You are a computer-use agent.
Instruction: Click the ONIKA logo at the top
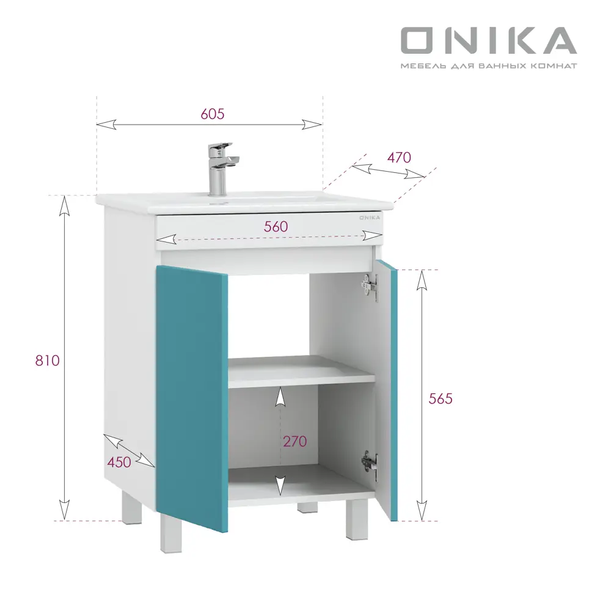[488, 40]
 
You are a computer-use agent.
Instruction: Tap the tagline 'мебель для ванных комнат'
[488, 65]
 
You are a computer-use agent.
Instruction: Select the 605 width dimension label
[213, 114]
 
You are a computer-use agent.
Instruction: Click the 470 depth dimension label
[399, 157]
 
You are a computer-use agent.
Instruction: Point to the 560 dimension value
[276, 225]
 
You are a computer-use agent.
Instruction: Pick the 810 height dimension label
[47, 360]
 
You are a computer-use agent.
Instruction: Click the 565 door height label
[440, 399]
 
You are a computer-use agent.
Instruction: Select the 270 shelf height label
[295, 441]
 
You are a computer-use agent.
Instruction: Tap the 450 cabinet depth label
[119, 462]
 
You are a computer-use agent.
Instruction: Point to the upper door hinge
[368, 287]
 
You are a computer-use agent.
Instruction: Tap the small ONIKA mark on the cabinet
[368, 217]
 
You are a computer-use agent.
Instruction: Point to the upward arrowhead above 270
[280, 397]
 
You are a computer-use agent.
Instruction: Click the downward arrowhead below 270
[280, 485]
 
